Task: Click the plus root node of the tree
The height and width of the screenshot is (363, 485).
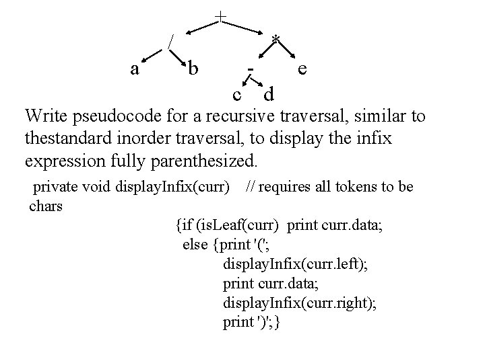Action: coord(220,15)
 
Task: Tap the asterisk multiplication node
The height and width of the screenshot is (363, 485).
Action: coord(275,40)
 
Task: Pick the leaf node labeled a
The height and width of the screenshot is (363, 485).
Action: coord(135,69)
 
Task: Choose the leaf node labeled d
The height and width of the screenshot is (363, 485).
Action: coord(269,90)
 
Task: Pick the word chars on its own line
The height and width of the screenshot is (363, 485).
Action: coord(46,206)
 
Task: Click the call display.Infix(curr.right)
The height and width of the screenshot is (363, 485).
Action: coord(300,303)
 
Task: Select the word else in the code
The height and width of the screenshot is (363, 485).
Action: coord(195,244)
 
